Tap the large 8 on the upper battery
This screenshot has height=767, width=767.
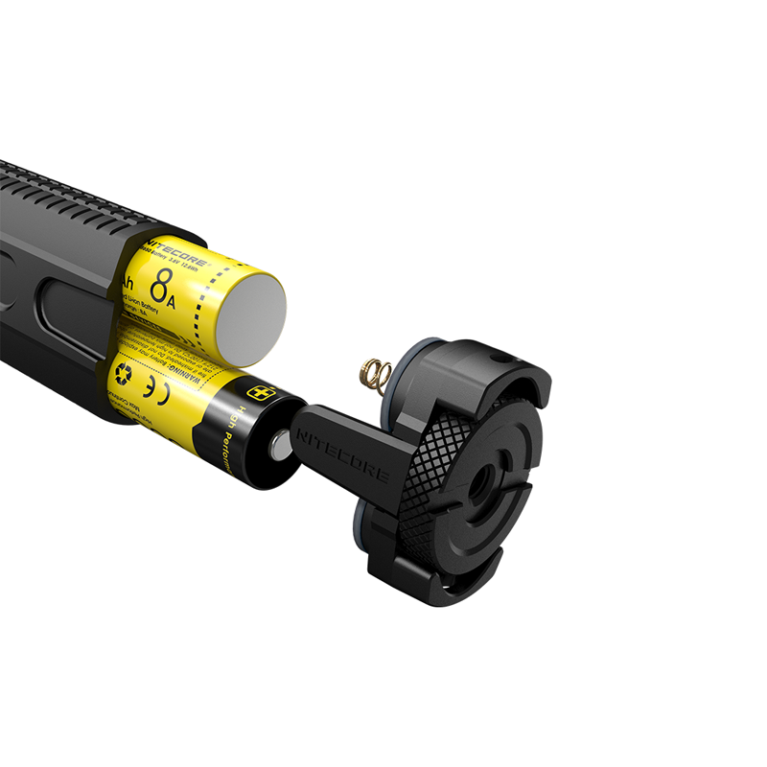click(164, 285)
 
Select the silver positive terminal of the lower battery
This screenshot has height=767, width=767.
click(281, 444)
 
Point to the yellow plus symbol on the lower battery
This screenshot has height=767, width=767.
click(259, 393)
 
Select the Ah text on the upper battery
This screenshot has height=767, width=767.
click(127, 282)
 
